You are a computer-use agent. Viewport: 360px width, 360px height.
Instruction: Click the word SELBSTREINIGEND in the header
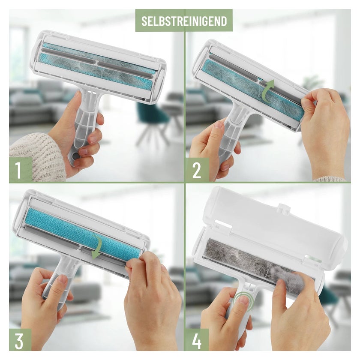point(184,21)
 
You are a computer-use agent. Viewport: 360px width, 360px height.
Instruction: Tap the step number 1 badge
point(21,170)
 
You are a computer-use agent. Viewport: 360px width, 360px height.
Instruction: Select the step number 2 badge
point(197,170)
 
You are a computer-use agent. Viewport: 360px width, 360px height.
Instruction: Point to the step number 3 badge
point(20,340)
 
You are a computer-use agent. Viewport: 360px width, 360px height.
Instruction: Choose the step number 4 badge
point(197,340)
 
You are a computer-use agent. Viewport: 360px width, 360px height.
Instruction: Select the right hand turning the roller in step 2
point(326,129)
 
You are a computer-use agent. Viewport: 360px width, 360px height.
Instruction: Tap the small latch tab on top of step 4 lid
point(284,207)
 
